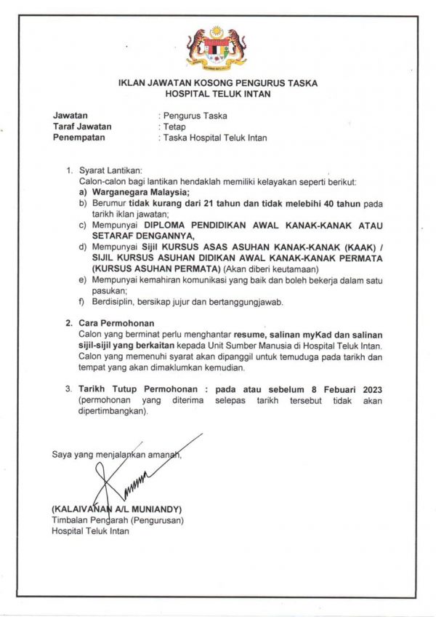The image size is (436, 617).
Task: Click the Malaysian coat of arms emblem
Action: (217, 47)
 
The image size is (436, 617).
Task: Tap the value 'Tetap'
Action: (175, 127)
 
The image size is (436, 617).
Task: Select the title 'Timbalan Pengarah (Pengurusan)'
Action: (118, 520)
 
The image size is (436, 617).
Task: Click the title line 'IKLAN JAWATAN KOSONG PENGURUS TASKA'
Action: (217, 84)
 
